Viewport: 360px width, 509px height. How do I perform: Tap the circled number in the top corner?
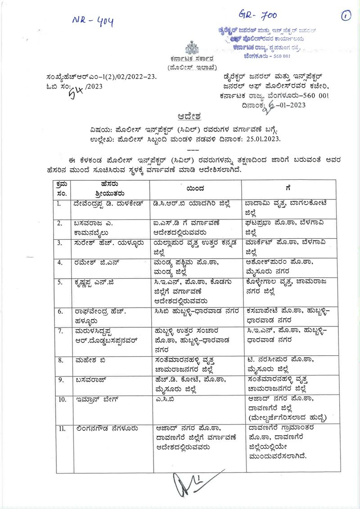coord(346,16)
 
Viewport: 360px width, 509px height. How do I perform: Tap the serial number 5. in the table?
coord(60,282)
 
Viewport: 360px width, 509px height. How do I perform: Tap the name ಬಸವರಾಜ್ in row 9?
coord(90,380)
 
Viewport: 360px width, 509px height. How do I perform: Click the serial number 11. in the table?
coord(62,428)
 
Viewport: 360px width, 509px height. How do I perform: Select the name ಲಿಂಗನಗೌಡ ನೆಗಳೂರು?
coord(106,428)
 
